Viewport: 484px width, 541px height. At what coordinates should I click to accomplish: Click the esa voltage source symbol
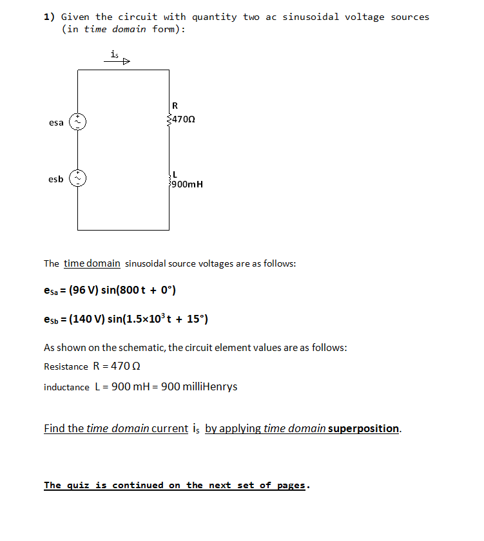pos(78,121)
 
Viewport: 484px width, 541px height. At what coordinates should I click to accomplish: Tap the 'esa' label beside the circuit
pos(56,122)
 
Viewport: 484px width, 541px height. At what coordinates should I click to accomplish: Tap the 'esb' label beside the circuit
pos(56,179)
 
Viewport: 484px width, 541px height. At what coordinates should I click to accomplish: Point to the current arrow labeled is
pos(119,61)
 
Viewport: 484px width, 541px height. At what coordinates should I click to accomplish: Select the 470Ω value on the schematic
pos(184,120)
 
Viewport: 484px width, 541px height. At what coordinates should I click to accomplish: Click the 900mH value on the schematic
pos(187,184)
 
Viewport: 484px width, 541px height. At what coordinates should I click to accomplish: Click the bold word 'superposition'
pos(363,428)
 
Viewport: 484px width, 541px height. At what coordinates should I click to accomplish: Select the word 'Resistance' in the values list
pos(66,366)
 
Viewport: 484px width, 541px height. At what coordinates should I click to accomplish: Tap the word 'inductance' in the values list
pos(66,387)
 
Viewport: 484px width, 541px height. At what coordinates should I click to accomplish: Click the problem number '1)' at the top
pos(49,17)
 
